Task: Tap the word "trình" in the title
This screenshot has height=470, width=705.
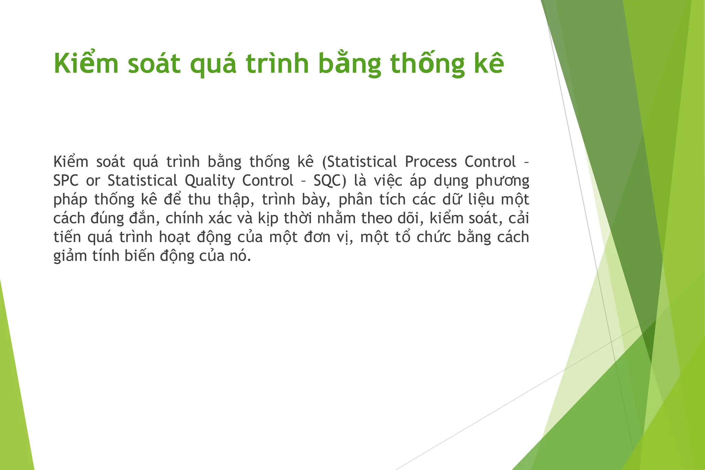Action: tap(277, 64)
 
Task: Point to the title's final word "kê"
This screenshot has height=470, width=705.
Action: tap(489, 64)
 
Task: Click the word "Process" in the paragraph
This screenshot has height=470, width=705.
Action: tap(431, 162)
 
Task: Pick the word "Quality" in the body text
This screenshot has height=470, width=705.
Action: tap(210, 181)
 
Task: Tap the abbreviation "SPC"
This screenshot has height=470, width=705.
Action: tap(66, 181)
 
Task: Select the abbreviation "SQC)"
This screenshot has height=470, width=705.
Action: tap(330, 181)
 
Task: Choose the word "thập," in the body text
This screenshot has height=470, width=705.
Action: tap(236, 200)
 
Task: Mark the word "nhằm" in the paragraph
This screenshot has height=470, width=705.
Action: tap(336, 219)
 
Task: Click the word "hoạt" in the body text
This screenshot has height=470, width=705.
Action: tap(175, 238)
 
